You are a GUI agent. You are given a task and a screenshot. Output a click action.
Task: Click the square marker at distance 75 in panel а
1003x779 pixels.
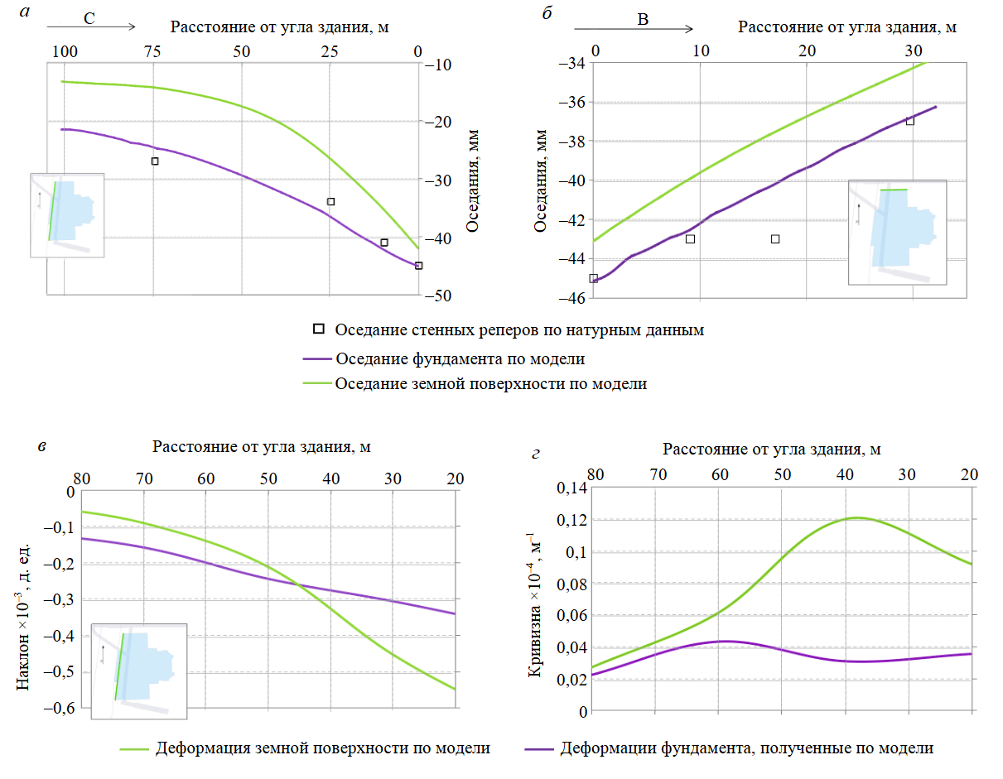pyautogui.click(x=155, y=161)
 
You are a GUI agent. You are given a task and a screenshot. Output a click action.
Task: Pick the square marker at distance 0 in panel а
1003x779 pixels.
pyautogui.click(x=419, y=266)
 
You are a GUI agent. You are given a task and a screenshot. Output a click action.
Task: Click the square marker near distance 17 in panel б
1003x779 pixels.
pyautogui.click(x=775, y=239)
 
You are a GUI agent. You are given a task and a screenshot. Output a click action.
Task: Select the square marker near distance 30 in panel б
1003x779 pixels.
pyautogui.click(x=910, y=121)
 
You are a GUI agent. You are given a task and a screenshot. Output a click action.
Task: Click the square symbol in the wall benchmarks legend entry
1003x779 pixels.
pyautogui.click(x=319, y=329)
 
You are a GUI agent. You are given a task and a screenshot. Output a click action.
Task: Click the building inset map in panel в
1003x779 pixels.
pyautogui.click(x=138, y=666)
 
